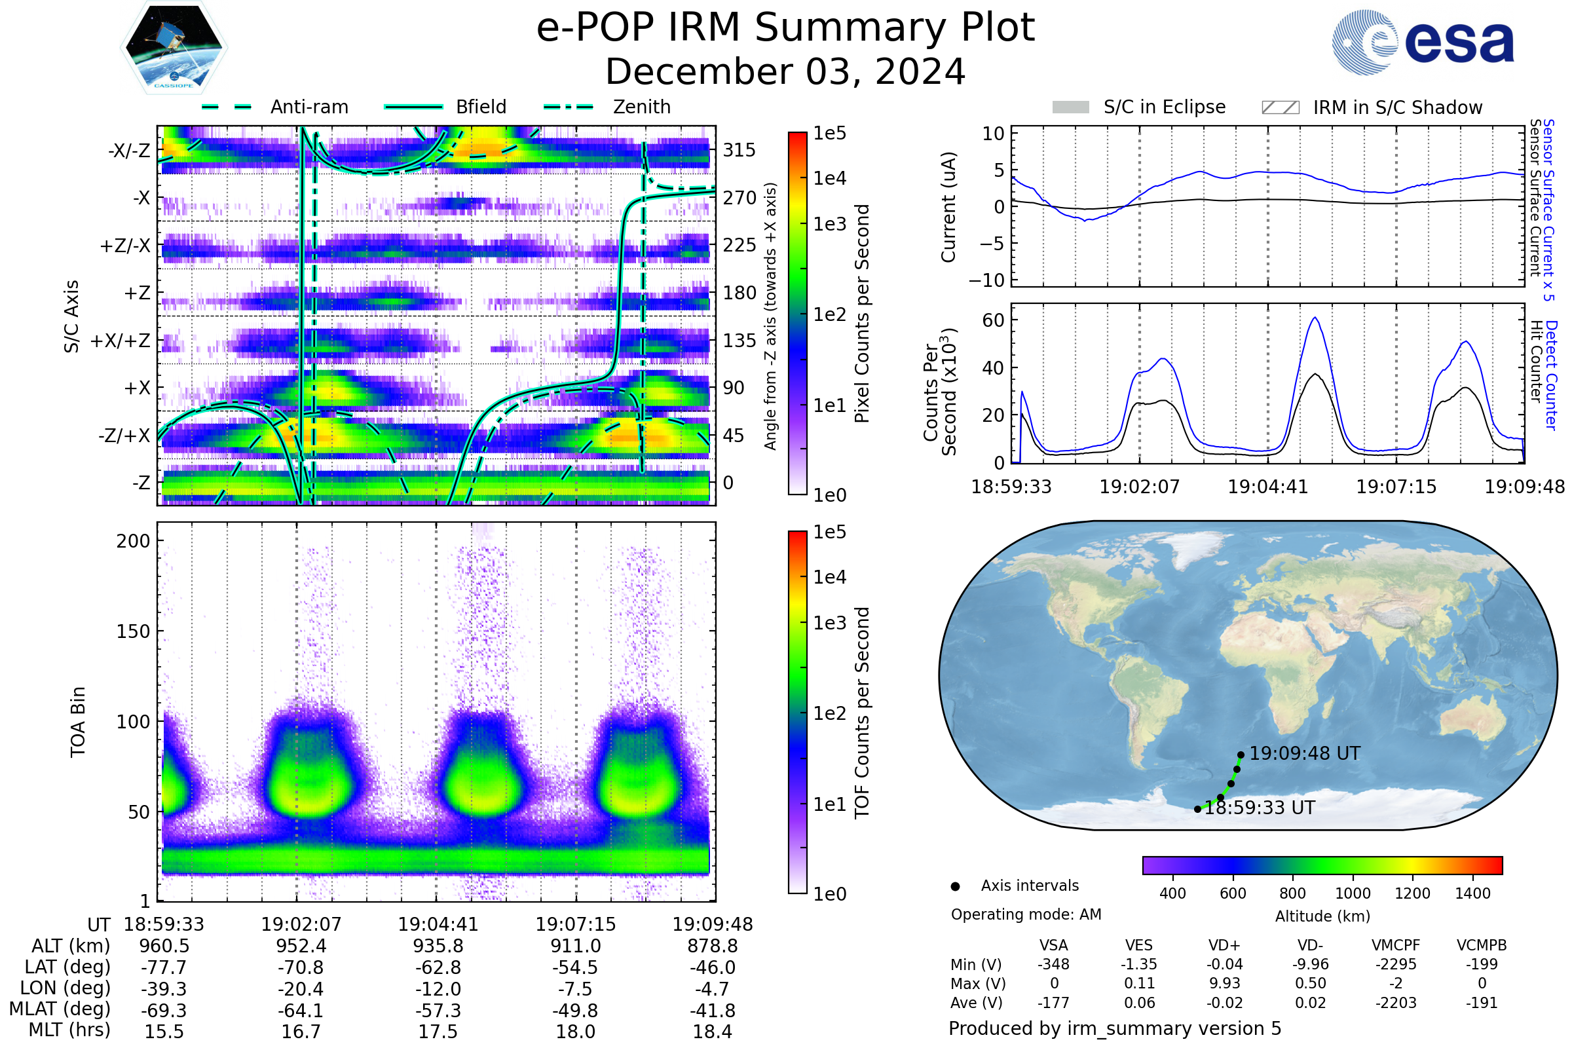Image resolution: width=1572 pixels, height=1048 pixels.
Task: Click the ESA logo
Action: [x=1423, y=42]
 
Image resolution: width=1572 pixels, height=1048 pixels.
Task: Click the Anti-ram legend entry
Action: [x=274, y=107]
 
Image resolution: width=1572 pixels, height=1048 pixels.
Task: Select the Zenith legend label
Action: [x=642, y=107]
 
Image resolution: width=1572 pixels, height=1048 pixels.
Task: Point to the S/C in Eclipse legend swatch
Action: [x=1070, y=107]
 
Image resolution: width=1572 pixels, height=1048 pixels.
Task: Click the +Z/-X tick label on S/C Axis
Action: [x=125, y=246]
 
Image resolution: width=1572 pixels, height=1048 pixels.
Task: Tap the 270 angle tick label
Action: [x=739, y=198]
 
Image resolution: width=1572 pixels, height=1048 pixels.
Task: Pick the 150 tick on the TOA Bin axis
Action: [x=133, y=631]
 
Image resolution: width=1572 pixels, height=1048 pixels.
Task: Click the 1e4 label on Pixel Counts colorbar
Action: [x=829, y=178]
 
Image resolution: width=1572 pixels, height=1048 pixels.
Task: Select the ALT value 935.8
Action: [x=438, y=946]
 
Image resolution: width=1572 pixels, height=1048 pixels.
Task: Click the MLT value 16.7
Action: [x=301, y=1031]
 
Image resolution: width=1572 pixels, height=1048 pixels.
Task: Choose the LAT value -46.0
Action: [x=713, y=967]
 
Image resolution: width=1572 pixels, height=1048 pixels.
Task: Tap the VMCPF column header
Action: [x=1396, y=945]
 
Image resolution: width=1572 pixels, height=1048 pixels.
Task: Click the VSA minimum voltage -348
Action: [x=1053, y=964]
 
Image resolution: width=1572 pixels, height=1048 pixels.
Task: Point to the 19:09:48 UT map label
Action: [x=1305, y=753]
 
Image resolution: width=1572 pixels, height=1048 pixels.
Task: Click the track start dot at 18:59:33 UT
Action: [x=1197, y=809]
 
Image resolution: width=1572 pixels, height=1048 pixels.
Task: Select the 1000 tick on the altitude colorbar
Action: [x=1353, y=893]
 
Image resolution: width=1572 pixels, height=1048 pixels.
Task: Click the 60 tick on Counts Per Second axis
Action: [x=993, y=320]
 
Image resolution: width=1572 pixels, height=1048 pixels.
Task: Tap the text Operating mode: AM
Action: [x=1026, y=914]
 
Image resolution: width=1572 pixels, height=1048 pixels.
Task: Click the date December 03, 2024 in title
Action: [x=785, y=71]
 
